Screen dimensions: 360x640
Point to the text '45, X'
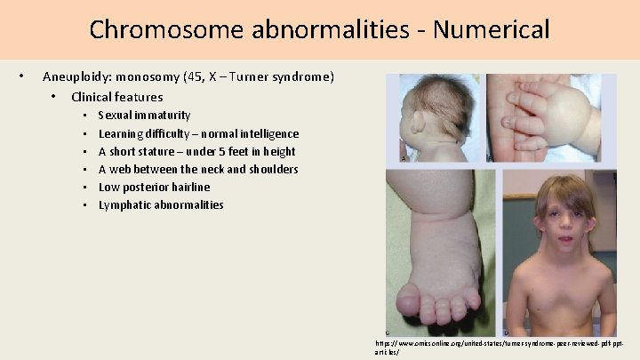[203, 77]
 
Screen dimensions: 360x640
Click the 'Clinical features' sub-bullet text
[117, 97]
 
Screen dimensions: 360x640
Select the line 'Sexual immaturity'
[144, 116]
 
